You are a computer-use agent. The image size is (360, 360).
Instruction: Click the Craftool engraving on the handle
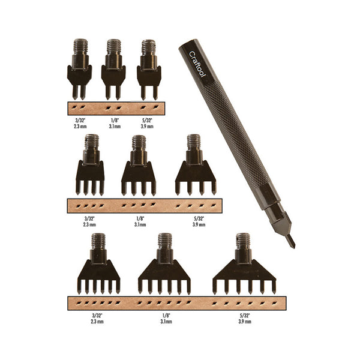tap(194, 62)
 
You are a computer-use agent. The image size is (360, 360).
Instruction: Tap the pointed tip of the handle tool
tap(291, 242)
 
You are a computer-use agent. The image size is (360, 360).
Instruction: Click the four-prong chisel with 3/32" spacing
tap(90, 171)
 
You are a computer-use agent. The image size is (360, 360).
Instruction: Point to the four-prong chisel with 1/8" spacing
tap(139, 171)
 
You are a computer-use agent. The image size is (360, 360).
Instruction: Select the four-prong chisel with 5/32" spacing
tap(193, 171)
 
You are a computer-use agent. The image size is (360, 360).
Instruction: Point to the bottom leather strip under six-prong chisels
tap(176, 303)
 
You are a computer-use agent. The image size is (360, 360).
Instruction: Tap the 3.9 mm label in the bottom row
tap(243, 322)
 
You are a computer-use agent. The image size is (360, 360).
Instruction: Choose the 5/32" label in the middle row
tap(198, 220)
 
